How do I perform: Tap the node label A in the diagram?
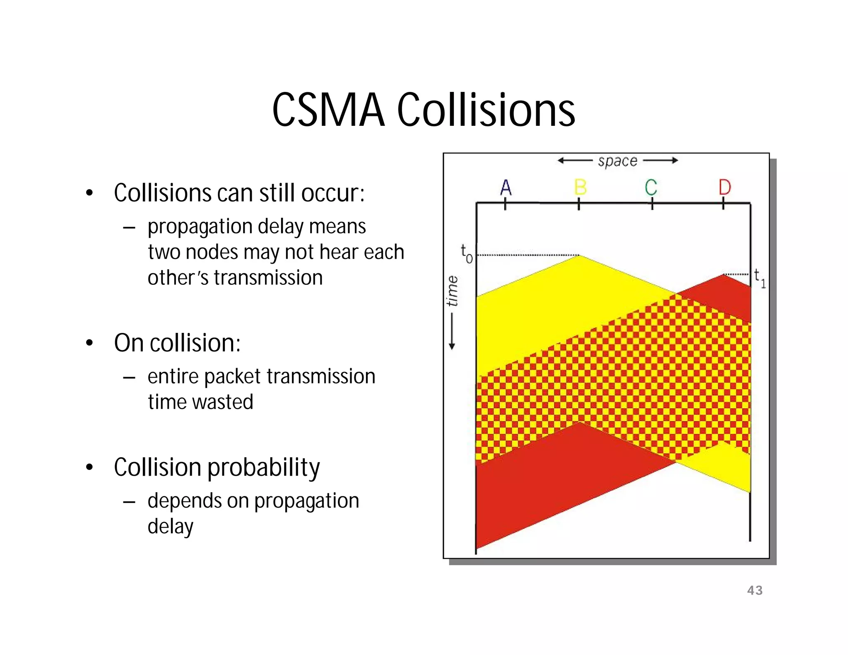point(506,188)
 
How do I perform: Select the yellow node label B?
point(580,188)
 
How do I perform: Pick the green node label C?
point(651,188)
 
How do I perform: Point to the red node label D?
point(725,188)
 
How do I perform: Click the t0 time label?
point(466,253)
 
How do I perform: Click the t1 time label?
point(759,277)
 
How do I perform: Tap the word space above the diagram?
point(617,161)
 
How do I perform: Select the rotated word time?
point(453,291)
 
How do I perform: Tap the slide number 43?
point(754,590)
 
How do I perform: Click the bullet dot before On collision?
point(89,343)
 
